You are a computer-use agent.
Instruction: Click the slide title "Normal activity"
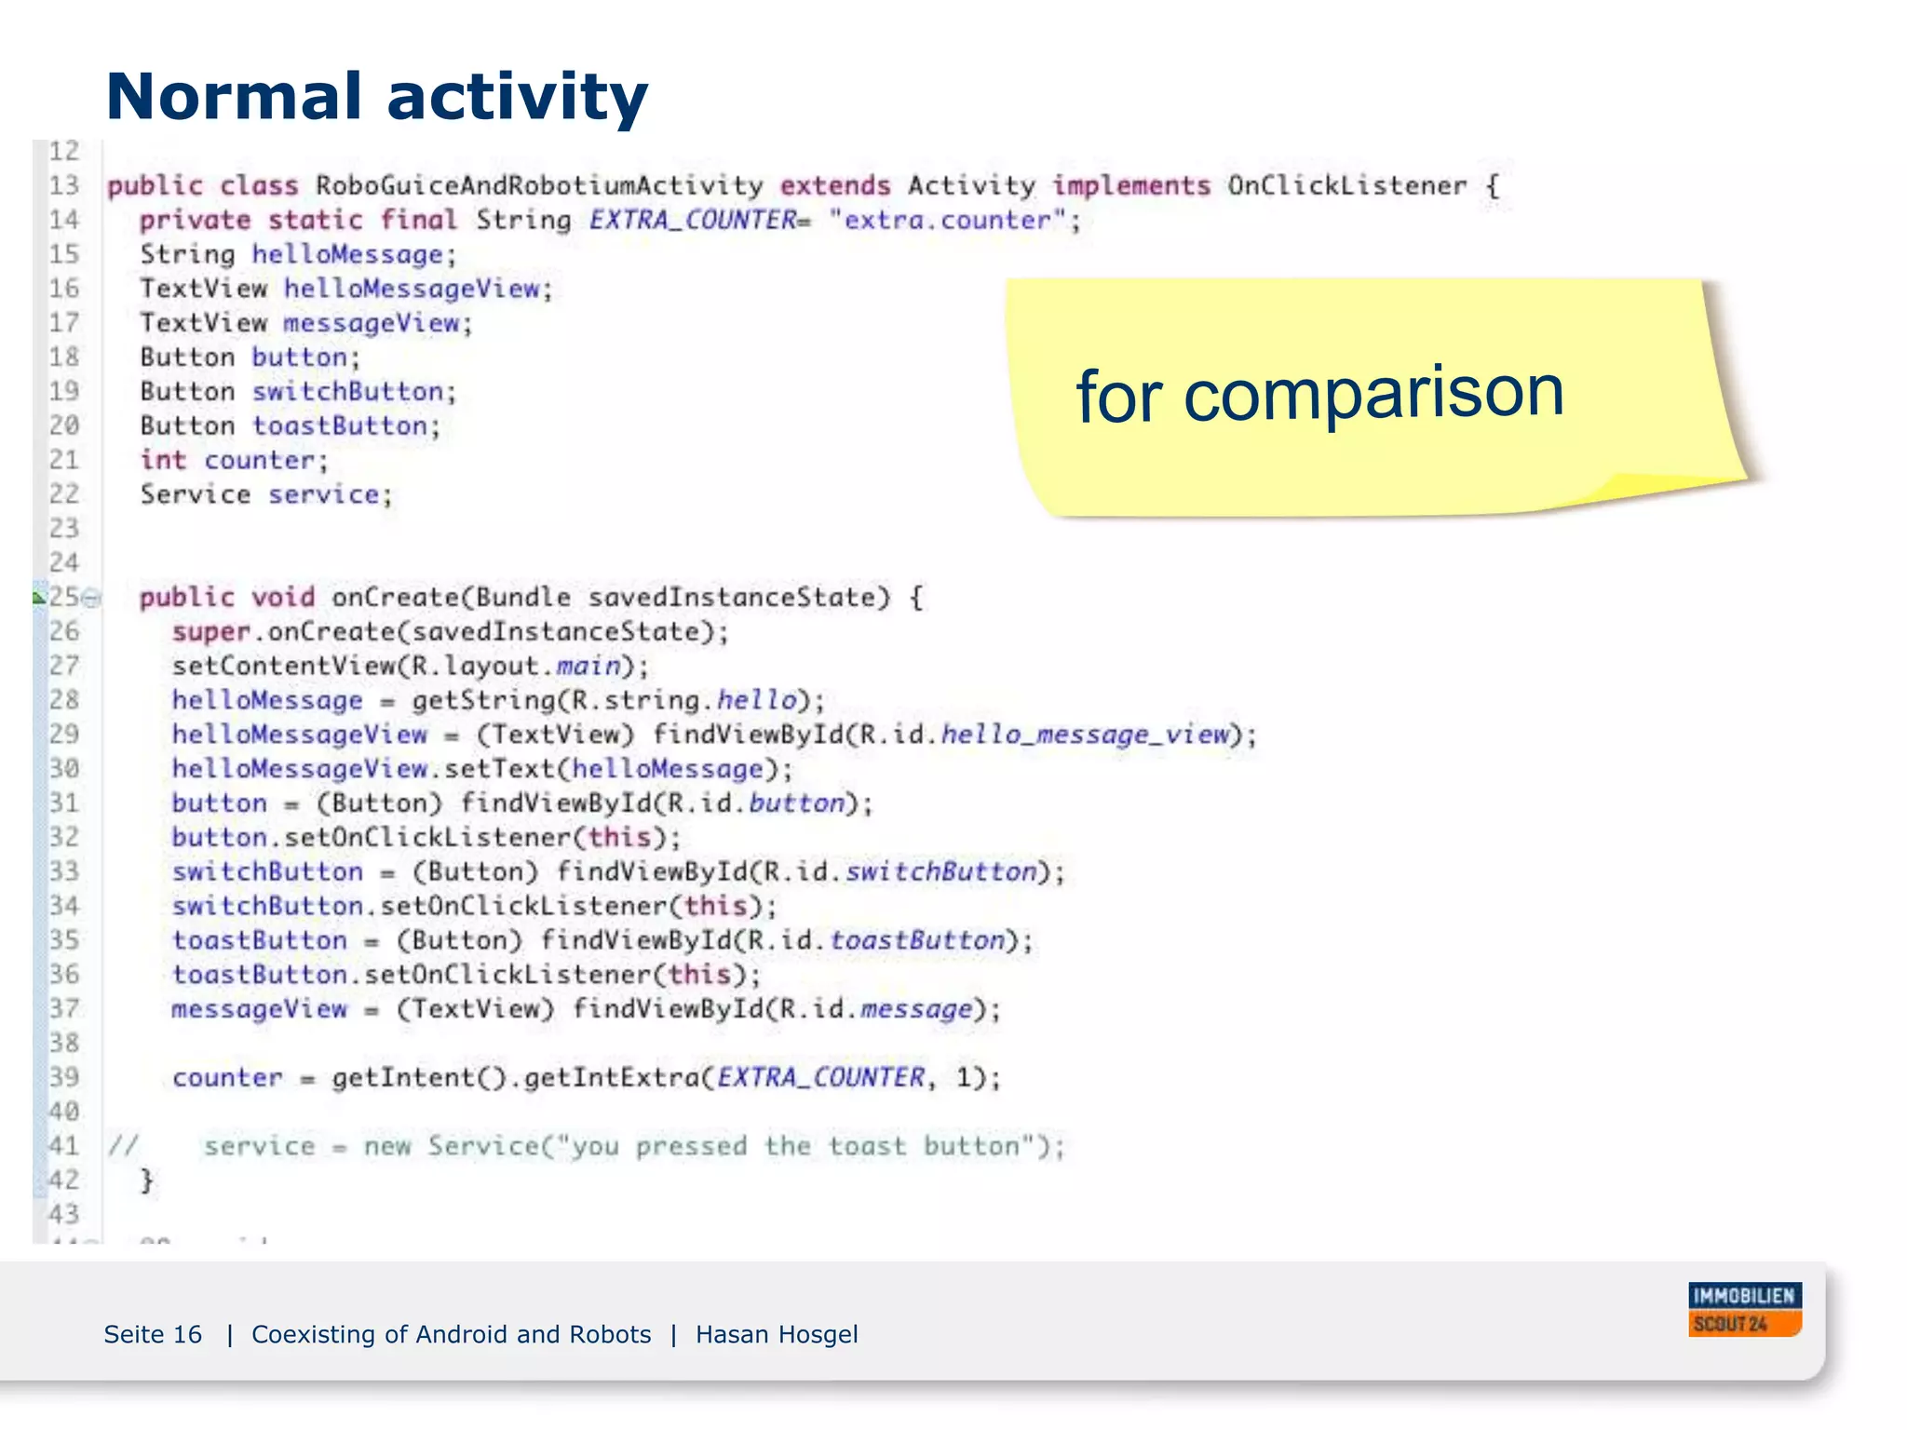(376, 97)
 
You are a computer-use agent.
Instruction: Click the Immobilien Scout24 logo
(1744, 1309)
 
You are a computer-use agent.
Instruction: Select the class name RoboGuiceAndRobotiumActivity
(539, 186)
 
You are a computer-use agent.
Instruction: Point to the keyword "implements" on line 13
(1131, 186)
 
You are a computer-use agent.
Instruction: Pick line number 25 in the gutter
(63, 597)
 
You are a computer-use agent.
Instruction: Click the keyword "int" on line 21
(163, 460)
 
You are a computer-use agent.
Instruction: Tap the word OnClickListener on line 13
(1346, 186)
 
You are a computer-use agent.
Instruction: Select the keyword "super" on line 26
(210, 632)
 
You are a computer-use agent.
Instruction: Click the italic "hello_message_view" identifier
(1086, 735)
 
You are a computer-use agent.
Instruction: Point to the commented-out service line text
(633, 1146)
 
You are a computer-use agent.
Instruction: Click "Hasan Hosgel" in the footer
(777, 1334)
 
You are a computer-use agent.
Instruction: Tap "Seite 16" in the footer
(153, 1334)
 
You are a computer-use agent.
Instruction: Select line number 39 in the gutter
(63, 1077)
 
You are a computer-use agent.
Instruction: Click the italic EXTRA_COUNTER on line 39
(820, 1077)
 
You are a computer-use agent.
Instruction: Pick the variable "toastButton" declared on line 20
(340, 426)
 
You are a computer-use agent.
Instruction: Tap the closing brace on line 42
(146, 1180)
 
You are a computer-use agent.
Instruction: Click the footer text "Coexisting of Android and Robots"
(451, 1334)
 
